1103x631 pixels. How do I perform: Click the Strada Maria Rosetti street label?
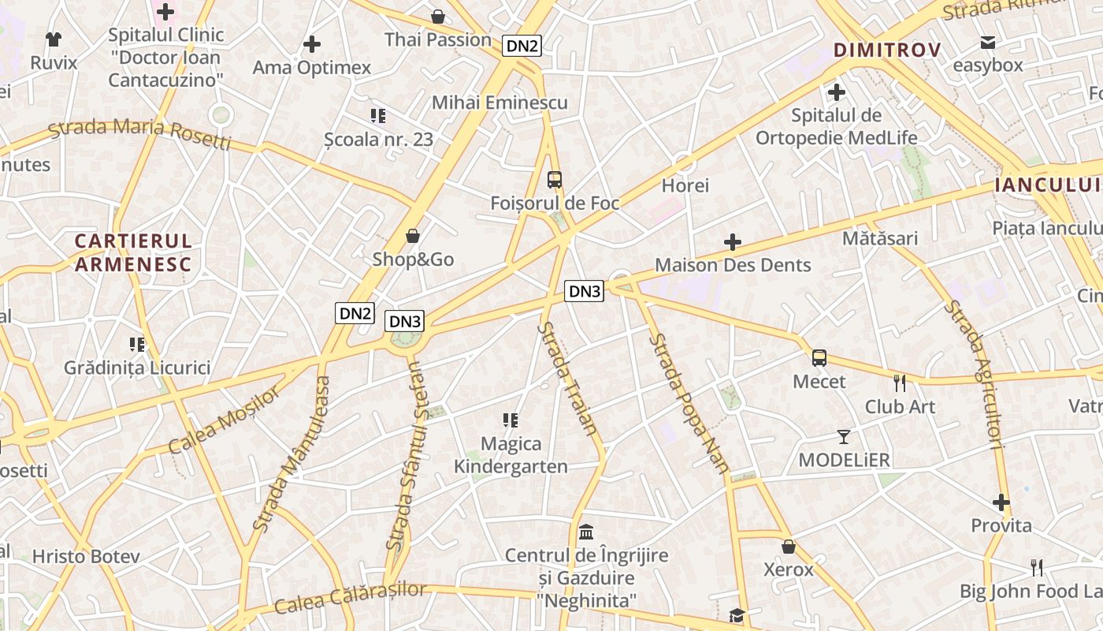(x=140, y=133)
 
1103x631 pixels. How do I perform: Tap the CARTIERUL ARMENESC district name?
(x=133, y=252)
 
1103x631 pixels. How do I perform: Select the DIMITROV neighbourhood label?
(x=887, y=50)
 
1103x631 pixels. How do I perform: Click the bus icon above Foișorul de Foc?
(x=555, y=180)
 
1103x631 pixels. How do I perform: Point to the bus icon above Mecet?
(x=819, y=358)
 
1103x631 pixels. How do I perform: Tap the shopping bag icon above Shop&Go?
(x=412, y=236)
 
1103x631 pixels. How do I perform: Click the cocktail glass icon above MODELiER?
(x=844, y=436)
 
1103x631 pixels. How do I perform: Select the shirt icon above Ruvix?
(x=54, y=39)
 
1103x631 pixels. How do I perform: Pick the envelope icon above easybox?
(x=987, y=42)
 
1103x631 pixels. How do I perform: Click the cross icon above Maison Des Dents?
(x=733, y=241)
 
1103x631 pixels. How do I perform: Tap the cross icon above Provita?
(x=1001, y=502)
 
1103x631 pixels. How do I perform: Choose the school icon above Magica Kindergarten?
(x=511, y=420)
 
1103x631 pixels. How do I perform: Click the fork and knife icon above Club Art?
(x=900, y=383)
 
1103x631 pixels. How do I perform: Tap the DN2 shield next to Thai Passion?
(x=522, y=46)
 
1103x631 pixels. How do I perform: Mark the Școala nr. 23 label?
(x=379, y=139)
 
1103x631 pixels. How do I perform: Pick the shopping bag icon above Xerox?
(x=788, y=547)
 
